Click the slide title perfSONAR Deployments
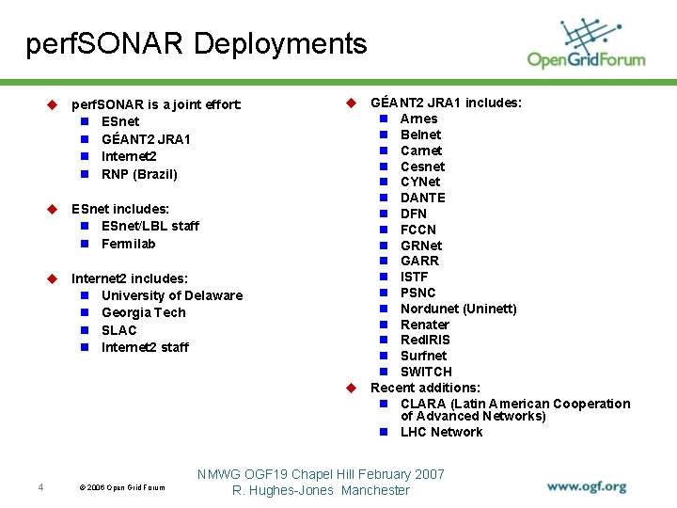197,43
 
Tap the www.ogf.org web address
587,487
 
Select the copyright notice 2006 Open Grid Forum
121,487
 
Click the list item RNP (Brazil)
139,174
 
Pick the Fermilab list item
128,244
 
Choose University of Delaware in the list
171,295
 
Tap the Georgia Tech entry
143,312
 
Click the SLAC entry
118,330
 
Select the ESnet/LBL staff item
150,226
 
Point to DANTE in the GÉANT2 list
422,198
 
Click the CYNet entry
419,182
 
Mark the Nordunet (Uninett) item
458,309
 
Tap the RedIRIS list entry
425,340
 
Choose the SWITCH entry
426,372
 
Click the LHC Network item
441,432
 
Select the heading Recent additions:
425,388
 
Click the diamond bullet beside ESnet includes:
54,209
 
